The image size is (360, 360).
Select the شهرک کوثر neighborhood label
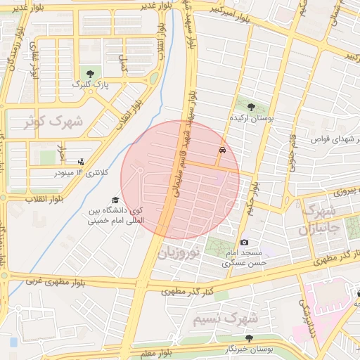click(x=53, y=122)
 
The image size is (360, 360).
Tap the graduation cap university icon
click(x=115, y=200)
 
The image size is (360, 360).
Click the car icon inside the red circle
click(x=223, y=150)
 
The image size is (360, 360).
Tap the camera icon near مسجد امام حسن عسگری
click(x=244, y=242)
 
